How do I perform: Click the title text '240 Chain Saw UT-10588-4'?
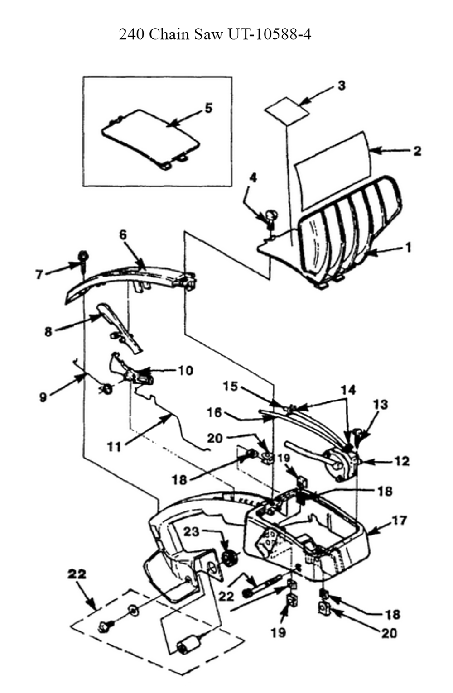(x=215, y=34)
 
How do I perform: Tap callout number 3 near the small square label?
(x=341, y=86)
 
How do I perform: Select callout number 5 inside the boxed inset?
(x=208, y=108)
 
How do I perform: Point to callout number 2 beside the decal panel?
(x=417, y=151)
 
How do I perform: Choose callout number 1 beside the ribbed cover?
(x=409, y=248)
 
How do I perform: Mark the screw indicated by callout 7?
(x=83, y=261)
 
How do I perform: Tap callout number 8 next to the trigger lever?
(x=48, y=332)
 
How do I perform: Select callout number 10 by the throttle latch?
(x=185, y=370)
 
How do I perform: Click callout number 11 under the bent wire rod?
(x=114, y=447)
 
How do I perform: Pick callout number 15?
(x=231, y=386)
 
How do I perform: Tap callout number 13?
(x=381, y=404)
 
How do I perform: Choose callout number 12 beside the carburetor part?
(x=402, y=461)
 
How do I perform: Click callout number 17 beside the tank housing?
(x=400, y=521)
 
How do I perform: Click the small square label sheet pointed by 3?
(x=287, y=111)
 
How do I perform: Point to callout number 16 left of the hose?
(x=215, y=412)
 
